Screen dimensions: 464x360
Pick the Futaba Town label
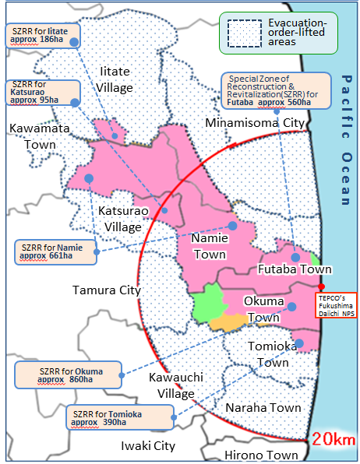pos(295,269)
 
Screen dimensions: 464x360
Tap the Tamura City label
pos(106,290)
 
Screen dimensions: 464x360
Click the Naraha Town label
pos(263,408)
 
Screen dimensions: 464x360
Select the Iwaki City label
pos(147,446)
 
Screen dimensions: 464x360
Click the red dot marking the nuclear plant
pos(321,286)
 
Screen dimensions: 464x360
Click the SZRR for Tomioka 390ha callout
pos(119,417)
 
